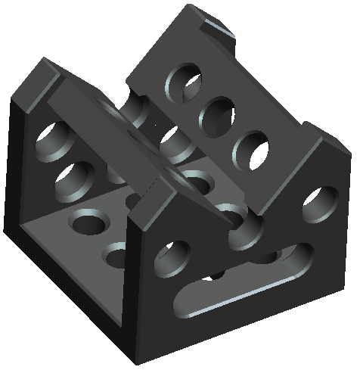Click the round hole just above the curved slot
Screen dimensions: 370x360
[x=170, y=260]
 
